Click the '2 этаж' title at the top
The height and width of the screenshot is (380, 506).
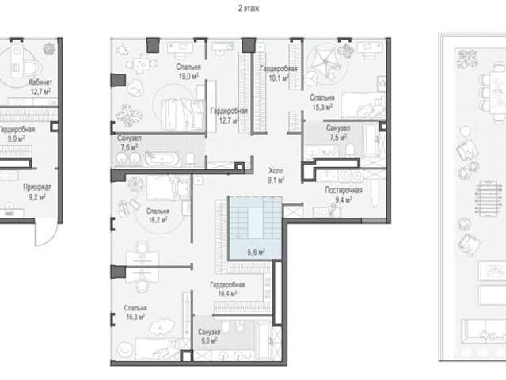click(249, 9)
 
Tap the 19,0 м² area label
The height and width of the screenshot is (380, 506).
click(188, 77)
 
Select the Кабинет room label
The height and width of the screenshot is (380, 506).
click(40, 82)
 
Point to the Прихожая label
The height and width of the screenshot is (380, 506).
click(37, 187)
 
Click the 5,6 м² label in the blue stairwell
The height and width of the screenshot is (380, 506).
click(257, 252)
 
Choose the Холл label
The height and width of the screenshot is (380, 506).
click(276, 170)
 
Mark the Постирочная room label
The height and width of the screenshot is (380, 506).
click(344, 190)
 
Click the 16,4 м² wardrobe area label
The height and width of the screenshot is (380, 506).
click(227, 294)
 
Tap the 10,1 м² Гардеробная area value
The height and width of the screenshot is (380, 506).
click(279, 78)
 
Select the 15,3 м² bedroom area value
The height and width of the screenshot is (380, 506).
click(322, 107)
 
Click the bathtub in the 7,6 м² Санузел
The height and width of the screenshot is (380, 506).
click(162, 158)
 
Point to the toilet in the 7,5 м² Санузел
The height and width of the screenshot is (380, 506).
click(350, 150)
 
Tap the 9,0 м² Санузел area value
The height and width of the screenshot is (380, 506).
click(209, 340)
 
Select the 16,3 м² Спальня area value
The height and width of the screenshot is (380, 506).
click(135, 317)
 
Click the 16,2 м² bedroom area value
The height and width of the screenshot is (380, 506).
click(158, 220)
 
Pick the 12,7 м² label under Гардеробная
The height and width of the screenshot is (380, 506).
click(229, 120)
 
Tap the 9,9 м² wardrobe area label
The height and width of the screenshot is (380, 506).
click(16, 139)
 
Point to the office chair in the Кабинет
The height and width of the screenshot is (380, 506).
click(33, 69)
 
